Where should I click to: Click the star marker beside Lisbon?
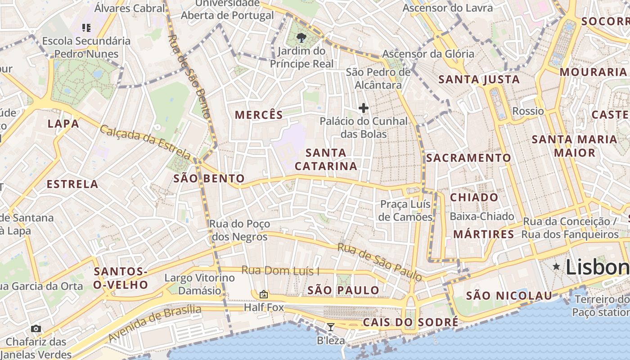(x=556, y=267)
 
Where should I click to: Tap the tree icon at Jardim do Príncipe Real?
(x=301, y=38)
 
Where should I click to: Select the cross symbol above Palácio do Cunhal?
(x=363, y=108)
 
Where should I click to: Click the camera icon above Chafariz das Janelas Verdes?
(x=36, y=329)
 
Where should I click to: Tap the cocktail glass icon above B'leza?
(x=331, y=327)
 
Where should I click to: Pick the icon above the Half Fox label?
(x=264, y=295)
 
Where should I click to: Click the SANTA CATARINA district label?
(x=326, y=159)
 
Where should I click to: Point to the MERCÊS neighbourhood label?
(x=259, y=115)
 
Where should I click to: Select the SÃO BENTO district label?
(x=209, y=179)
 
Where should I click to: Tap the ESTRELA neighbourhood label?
(x=72, y=184)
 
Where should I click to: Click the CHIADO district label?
(x=474, y=198)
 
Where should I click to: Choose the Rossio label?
(x=528, y=111)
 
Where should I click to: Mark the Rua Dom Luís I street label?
(x=280, y=271)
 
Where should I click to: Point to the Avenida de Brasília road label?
(x=155, y=324)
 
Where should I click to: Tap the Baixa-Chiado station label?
(x=482, y=216)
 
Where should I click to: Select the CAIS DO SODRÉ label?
(x=410, y=322)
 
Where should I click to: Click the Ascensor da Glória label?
(x=428, y=54)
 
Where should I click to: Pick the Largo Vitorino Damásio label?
(x=200, y=284)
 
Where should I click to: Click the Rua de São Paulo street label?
(x=380, y=262)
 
